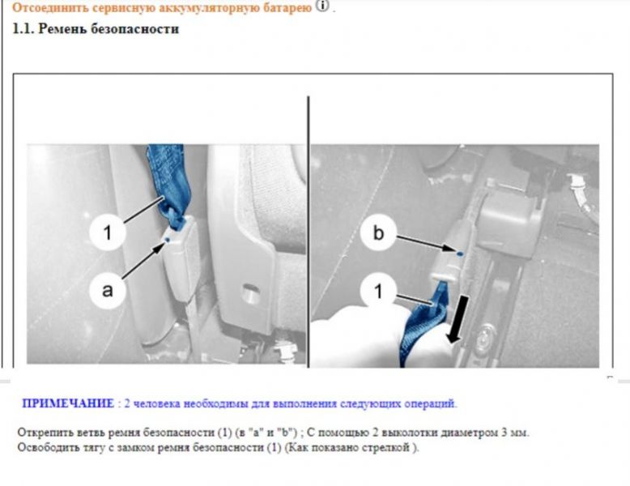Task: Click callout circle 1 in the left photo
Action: (x=107, y=232)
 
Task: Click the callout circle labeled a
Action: (x=107, y=290)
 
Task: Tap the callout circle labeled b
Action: (x=378, y=232)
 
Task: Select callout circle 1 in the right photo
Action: (x=378, y=291)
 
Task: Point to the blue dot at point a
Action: (x=167, y=240)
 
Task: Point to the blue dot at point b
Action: (x=460, y=254)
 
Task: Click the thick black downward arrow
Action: (x=459, y=320)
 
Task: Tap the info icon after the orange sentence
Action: (x=322, y=6)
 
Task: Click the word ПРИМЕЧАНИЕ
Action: (x=68, y=403)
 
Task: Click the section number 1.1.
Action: (x=23, y=29)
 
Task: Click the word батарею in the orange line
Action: (x=287, y=7)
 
